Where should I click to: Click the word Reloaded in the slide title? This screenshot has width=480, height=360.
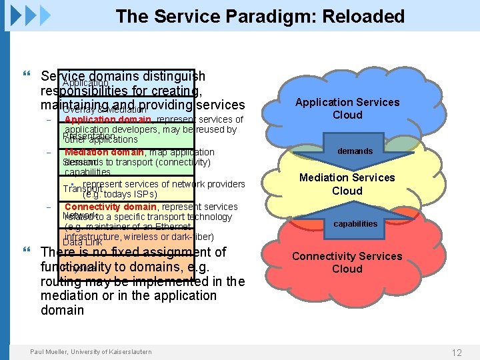click(x=363, y=17)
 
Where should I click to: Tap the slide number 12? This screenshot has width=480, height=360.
click(x=457, y=353)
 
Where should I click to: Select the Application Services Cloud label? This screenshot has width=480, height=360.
click(x=347, y=109)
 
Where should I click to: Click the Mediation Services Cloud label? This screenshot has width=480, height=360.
click(x=347, y=184)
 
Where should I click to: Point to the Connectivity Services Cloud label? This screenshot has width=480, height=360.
click(x=347, y=263)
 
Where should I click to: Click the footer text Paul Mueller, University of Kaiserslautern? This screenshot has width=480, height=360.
click(x=91, y=352)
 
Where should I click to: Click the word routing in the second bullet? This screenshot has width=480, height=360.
click(x=61, y=281)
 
